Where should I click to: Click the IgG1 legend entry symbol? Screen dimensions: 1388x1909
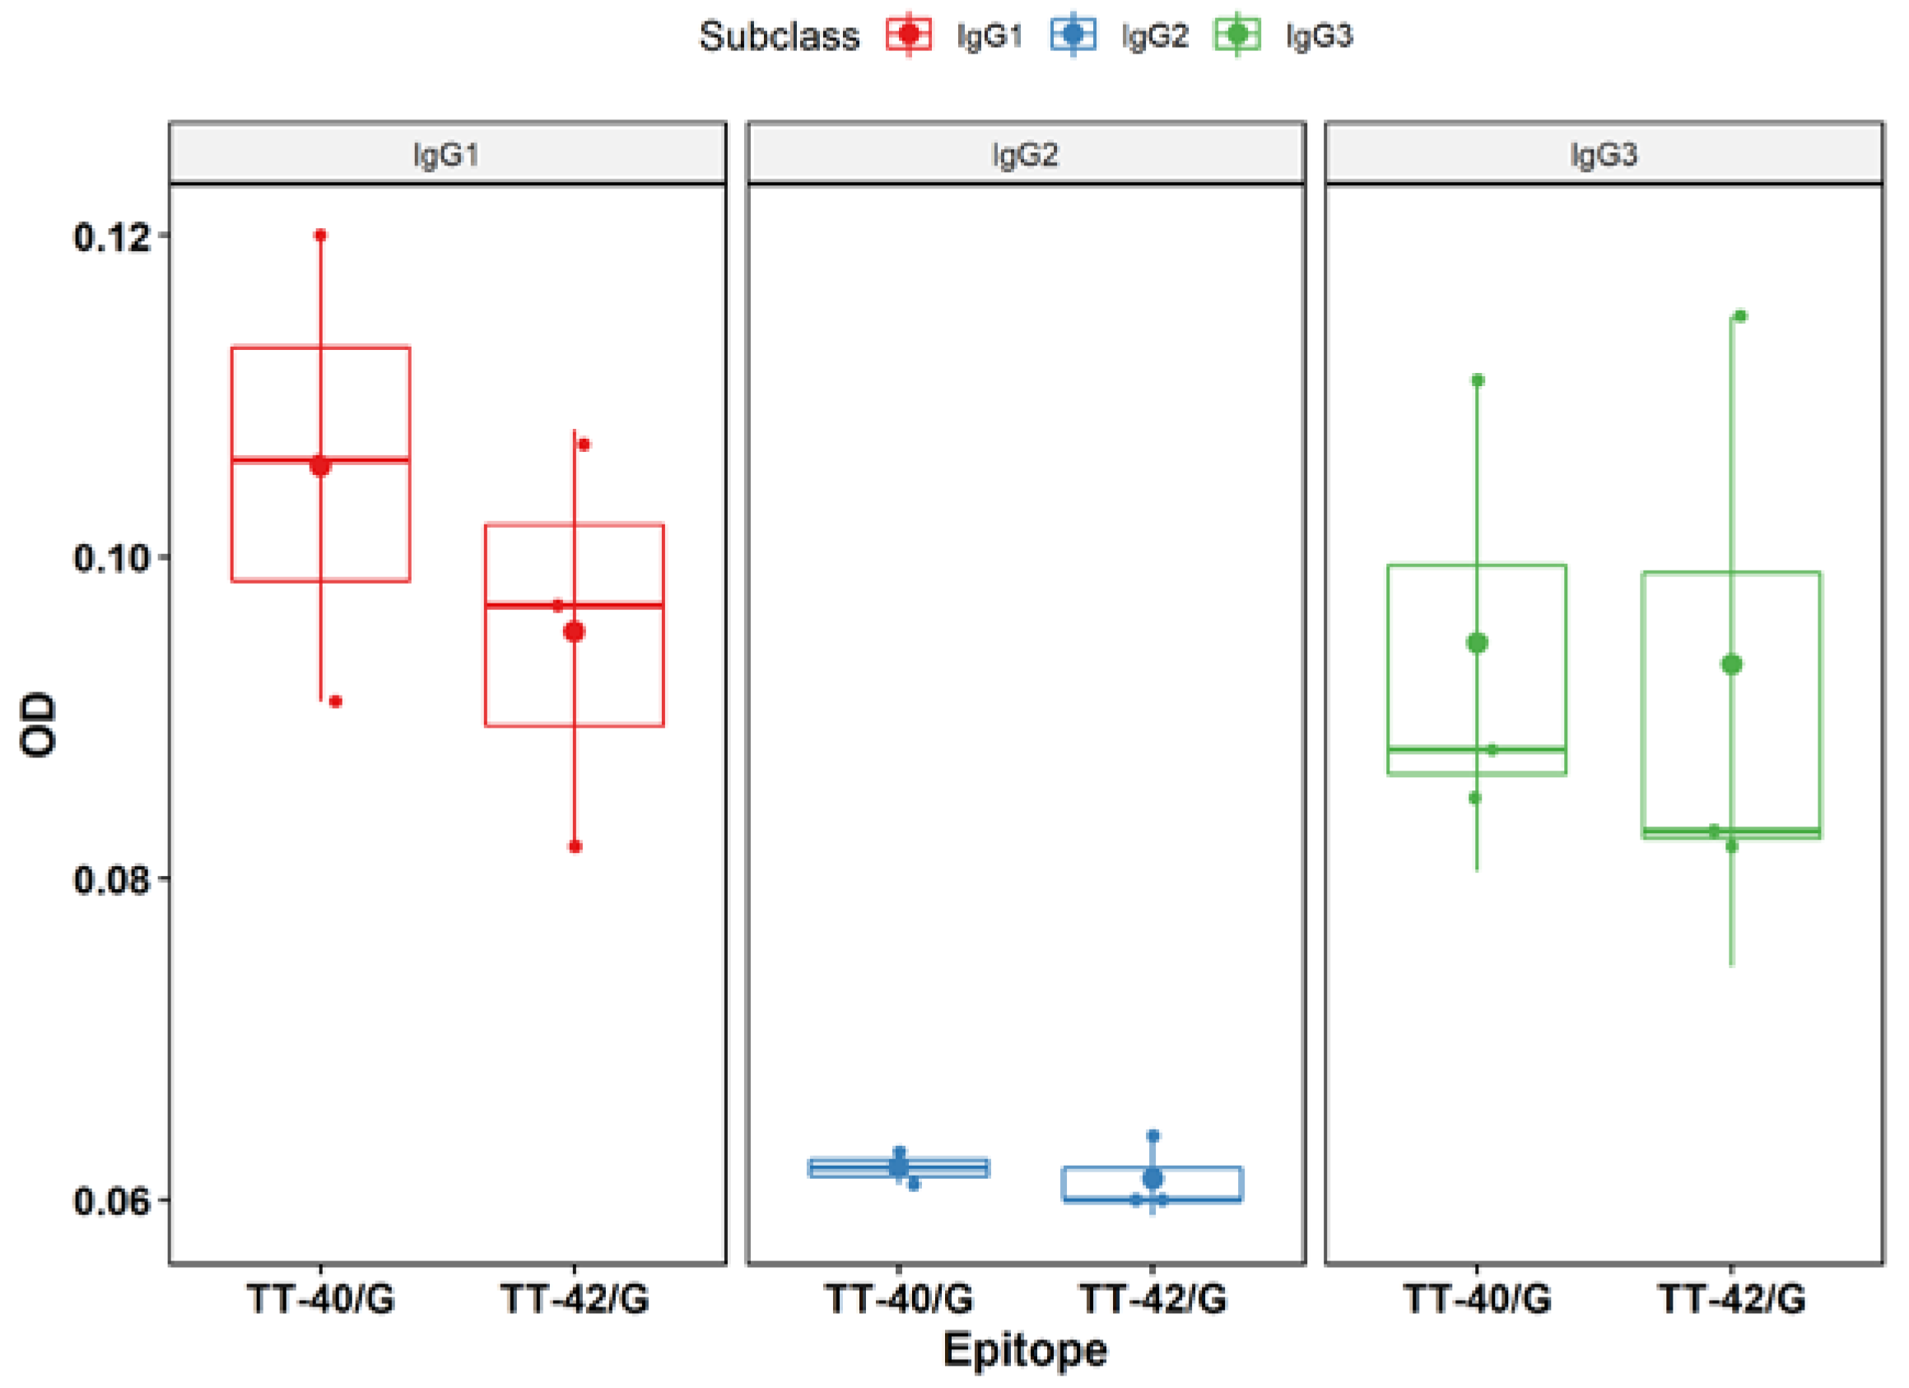coord(908,35)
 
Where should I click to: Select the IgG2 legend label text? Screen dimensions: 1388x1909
coord(1154,36)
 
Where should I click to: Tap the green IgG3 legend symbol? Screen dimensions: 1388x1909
coord(1236,35)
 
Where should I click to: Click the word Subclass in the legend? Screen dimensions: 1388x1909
coord(779,36)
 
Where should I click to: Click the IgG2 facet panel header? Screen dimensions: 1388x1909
coord(1025,154)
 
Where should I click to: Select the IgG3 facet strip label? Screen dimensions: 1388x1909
coord(1604,154)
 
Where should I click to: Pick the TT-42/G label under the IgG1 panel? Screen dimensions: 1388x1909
coord(575,1299)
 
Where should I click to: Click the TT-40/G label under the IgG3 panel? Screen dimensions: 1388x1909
coord(1477,1299)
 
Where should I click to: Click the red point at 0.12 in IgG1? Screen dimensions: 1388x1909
coord(320,235)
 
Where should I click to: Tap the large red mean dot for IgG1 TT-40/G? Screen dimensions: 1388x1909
coord(320,465)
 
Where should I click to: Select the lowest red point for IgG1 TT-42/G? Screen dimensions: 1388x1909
coord(575,847)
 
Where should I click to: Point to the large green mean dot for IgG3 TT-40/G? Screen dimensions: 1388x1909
coord(1477,643)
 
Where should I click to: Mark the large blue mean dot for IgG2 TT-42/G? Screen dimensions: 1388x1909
coord(1152,1178)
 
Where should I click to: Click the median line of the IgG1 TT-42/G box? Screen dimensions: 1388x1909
coord(623,605)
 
